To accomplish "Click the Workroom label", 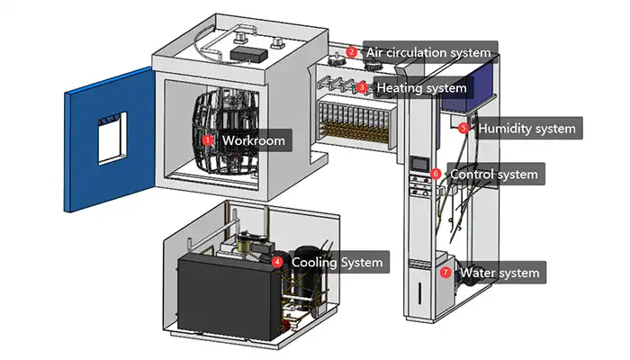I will [254, 141].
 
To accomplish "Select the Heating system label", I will [421, 88].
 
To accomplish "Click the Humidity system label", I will [526, 129].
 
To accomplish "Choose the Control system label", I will [494, 174].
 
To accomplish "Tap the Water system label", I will [499, 273].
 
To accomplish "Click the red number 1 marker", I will [208, 141].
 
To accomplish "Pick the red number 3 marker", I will [362, 88].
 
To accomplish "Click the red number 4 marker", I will [278, 263].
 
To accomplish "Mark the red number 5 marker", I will [464, 129].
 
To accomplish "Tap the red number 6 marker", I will [436, 174].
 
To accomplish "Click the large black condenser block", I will [220, 294].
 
